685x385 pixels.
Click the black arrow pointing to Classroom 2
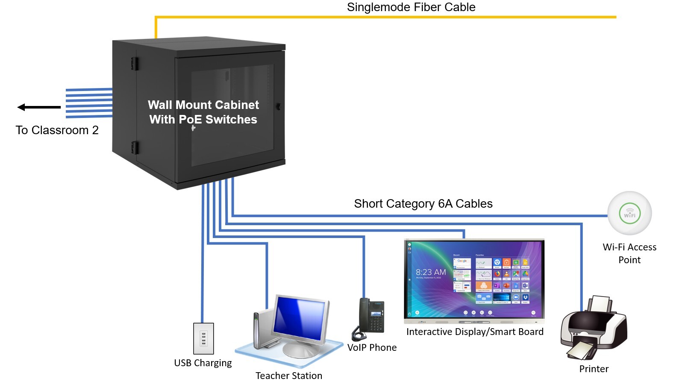[38, 107]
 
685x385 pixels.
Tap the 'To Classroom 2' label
[57, 130]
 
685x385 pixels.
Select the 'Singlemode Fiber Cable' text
[411, 7]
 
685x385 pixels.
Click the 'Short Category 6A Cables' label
[423, 204]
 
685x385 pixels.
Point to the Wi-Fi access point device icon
[629, 213]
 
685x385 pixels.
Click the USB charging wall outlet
[203, 338]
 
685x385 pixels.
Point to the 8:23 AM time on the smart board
[431, 272]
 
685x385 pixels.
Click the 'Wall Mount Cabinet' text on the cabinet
[203, 105]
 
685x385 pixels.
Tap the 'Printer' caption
[594, 369]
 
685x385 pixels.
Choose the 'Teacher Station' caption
[289, 376]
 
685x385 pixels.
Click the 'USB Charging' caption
[203, 363]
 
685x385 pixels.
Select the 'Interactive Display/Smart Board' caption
[475, 332]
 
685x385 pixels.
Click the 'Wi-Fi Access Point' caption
[629, 253]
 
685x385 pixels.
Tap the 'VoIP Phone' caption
[372, 348]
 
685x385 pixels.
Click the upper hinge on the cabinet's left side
[135, 64]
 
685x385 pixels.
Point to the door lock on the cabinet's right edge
[279, 106]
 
